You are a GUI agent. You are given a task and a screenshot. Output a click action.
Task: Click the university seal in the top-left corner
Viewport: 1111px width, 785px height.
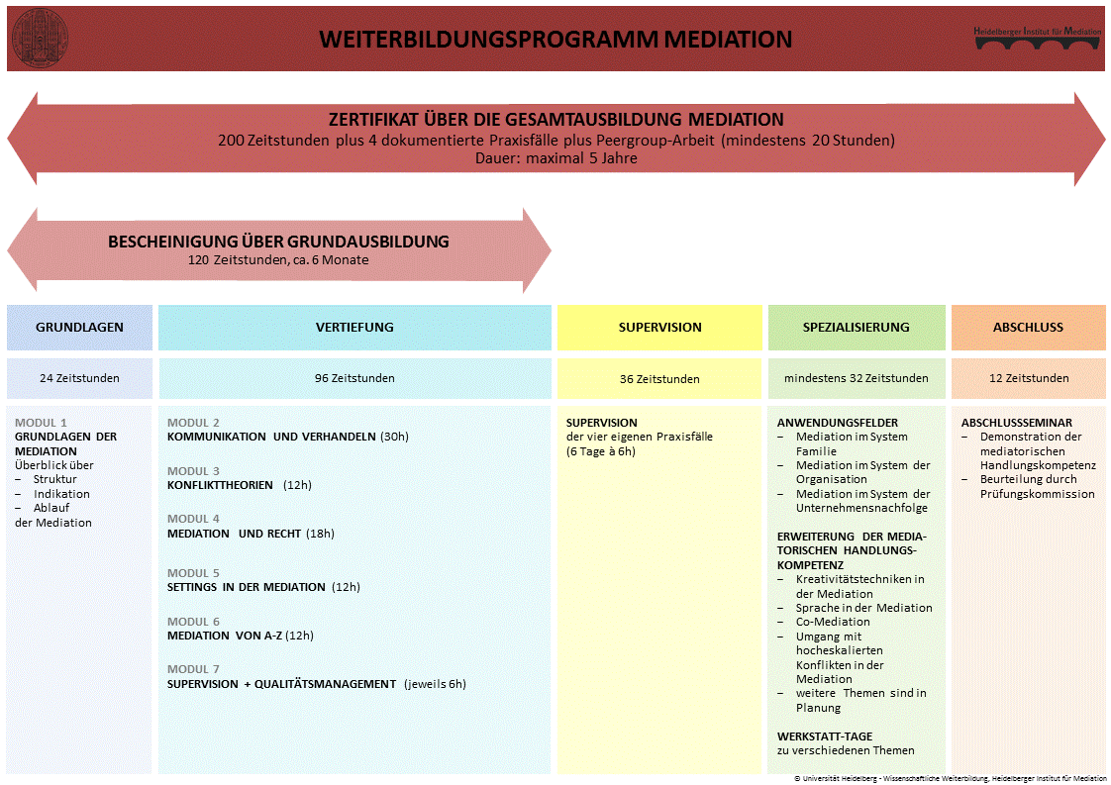pos(40,39)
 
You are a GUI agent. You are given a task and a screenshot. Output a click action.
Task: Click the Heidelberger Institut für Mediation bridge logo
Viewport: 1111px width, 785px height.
pos(1037,39)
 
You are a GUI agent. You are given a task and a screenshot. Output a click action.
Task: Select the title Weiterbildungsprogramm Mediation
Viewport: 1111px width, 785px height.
pos(555,40)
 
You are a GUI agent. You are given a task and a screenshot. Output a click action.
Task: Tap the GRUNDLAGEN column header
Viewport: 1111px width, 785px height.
pos(79,328)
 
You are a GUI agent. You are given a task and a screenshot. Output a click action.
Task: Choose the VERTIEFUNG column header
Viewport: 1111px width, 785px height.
pos(354,328)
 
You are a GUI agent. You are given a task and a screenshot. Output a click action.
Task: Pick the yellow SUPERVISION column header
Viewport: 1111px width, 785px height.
pos(659,328)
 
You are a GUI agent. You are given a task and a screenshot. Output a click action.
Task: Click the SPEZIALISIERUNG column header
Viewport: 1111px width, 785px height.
pos(857,328)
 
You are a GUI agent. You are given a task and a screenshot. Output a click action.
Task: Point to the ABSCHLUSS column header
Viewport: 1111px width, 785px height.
pos(1028,328)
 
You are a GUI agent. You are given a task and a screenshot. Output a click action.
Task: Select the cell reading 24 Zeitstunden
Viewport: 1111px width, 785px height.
pos(79,378)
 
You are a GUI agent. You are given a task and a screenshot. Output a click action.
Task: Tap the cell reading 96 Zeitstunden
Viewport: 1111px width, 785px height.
pos(354,378)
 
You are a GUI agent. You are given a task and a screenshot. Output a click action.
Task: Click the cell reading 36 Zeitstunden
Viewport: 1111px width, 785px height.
pos(659,379)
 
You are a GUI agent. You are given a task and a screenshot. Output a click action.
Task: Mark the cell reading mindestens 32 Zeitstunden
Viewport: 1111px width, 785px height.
pos(857,378)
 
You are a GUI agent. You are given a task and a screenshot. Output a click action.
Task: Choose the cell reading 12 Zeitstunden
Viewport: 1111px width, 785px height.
pos(1028,378)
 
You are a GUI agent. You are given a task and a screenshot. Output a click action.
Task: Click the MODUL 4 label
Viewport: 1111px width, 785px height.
pos(193,519)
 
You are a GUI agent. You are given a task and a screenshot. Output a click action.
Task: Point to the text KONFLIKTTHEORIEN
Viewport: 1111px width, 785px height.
pos(220,485)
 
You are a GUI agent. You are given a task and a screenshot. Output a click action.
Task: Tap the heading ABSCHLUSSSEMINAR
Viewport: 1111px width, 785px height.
pos(1016,423)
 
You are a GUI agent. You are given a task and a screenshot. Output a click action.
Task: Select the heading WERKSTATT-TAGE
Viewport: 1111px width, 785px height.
pos(824,736)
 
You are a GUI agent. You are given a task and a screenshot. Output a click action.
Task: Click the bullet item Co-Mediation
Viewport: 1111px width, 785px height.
pos(833,623)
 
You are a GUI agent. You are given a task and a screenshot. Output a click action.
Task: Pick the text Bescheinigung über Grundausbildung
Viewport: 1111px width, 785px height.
pos(278,242)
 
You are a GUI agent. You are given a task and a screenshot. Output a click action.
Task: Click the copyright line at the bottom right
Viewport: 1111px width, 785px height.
pos(950,779)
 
